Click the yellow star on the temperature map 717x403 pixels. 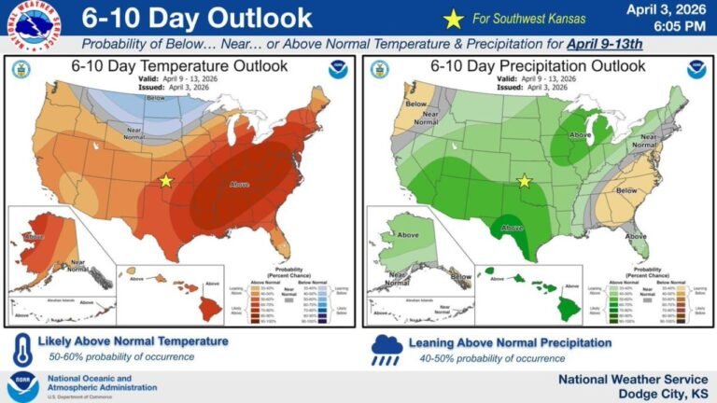166,179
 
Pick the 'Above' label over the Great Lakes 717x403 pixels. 580,134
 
